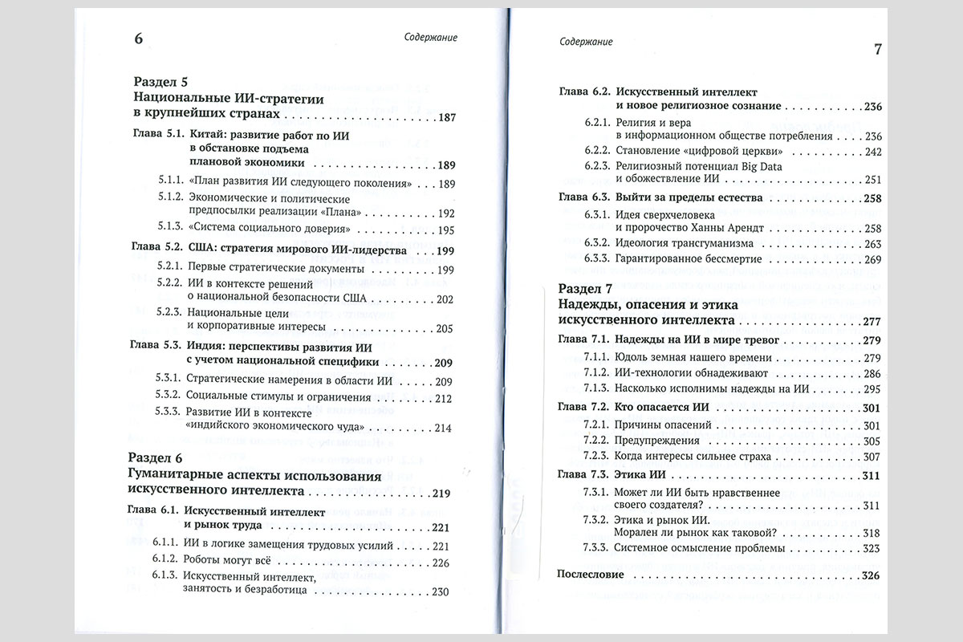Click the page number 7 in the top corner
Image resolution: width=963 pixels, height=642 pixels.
[x=877, y=50]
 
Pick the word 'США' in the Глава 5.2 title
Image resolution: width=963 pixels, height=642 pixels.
[x=204, y=250]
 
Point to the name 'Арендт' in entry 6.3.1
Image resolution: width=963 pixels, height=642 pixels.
[x=739, y=228]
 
